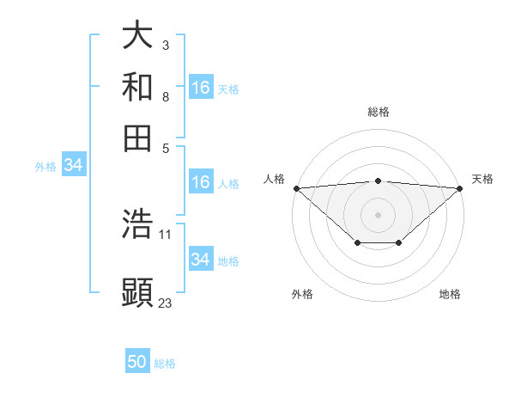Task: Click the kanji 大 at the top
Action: pos(138,35)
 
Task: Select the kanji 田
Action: pos(138,137)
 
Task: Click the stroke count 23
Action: pos(166,303)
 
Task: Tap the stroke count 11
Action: pos(166,234)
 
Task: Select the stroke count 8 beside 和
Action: pos(166,97)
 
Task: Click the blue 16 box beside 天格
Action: pos(201,88)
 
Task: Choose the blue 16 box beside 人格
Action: pos(201,182)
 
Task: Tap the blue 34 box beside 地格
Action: pos(201,259)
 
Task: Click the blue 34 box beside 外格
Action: pos(73,166)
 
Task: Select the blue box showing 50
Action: pos(137,362)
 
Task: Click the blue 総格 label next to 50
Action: pos(165,364)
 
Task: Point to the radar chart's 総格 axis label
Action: pos(378,112)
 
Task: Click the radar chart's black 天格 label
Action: pos(482,179)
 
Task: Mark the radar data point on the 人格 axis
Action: pos(296,188)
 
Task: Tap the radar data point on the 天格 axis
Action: pos(459,188)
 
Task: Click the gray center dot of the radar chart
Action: pos(378,214)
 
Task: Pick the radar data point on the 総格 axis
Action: pos(378,181)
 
